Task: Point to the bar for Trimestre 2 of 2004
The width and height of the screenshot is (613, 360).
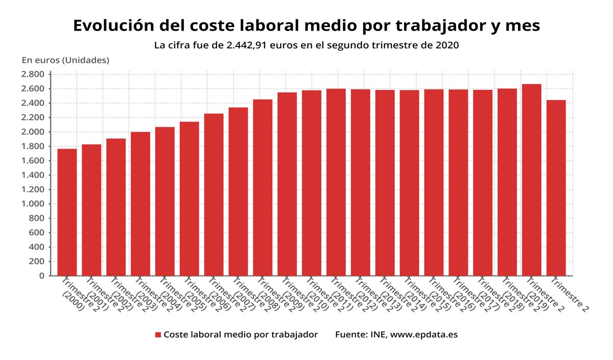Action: click(164, 201)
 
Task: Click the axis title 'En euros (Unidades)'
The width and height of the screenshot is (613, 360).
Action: click(65, 60)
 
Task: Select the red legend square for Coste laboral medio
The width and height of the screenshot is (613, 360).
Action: click(158, 335)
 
